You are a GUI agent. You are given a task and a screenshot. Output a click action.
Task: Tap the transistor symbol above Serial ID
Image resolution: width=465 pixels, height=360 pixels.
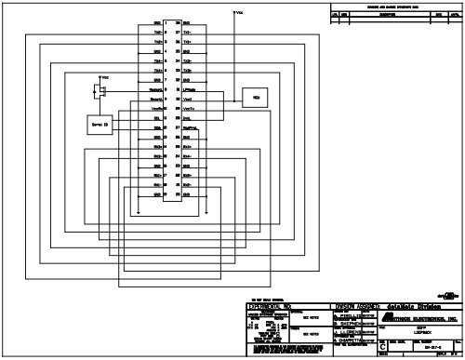99,90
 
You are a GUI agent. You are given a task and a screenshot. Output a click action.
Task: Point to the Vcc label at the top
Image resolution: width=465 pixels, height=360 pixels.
240,13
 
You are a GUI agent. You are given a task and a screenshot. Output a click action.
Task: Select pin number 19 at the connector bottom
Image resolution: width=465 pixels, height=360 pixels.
165,194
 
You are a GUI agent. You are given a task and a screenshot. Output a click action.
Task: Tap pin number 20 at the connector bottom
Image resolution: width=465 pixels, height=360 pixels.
176,194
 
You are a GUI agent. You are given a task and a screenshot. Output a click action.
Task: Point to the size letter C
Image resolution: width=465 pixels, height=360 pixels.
385,347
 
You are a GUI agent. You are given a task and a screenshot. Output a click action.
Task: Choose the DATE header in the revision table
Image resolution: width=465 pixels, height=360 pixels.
438,16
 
